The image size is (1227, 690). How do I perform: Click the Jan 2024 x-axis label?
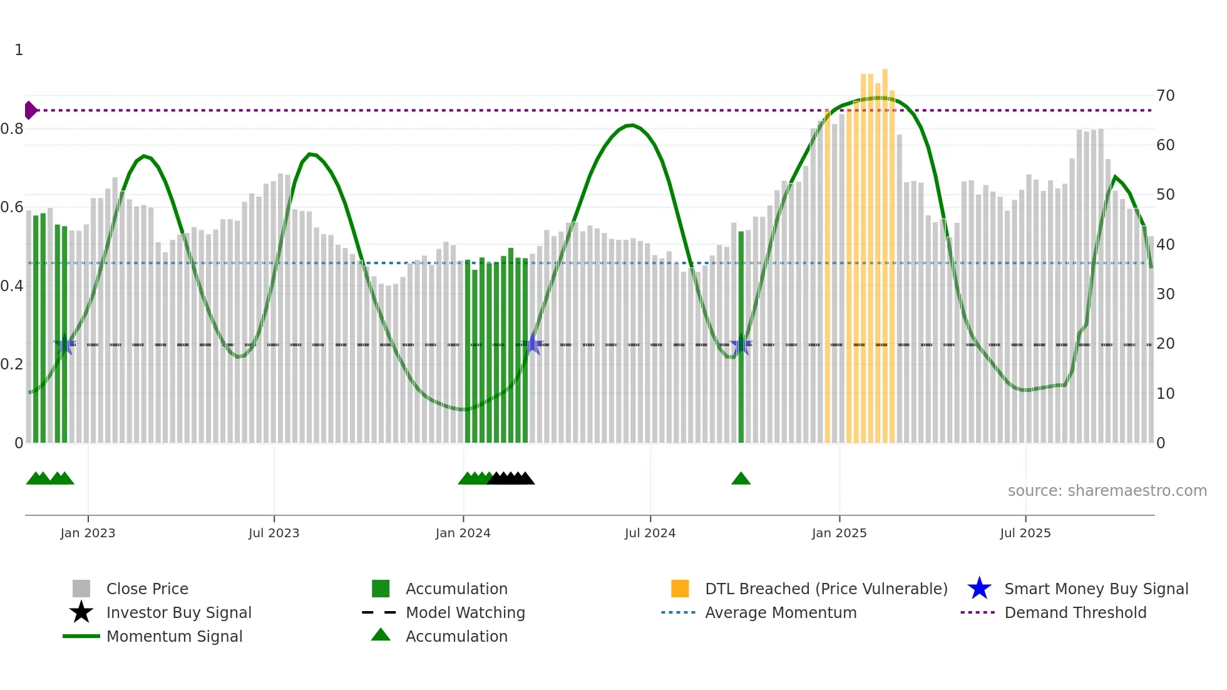[x=463, y=533]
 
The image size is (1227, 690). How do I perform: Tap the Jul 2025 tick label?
[x=1025, y=533]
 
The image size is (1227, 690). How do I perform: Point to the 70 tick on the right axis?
[x=1165, y=96]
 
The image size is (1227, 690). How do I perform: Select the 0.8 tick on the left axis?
[x=12, y=129]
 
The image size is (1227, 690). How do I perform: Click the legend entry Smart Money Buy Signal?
[x=1096, y=589]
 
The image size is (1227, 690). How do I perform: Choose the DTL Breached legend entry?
[x=826, y=589]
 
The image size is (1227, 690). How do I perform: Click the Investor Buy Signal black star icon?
[x=81, y=612]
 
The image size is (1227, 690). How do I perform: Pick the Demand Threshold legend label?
[x=1075, y=612]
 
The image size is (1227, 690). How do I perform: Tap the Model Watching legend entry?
[x=465, y=612]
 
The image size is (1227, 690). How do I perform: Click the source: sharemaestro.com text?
[x=1107, y=490]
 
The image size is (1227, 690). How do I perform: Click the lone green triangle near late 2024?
[x=741, y=479]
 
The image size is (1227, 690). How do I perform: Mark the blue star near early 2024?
[x=532, y=344]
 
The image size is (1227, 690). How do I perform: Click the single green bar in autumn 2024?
[x=741, y=338]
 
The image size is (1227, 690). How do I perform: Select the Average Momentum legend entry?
[x=780, y=612]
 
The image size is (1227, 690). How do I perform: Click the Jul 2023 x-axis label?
[x=274, y=533]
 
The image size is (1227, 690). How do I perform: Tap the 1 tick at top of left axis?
[x=19, y=50]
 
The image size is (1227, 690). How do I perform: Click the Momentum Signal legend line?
[x=81, y=636]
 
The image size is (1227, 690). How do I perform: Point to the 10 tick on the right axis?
[x=1165, y=394]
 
